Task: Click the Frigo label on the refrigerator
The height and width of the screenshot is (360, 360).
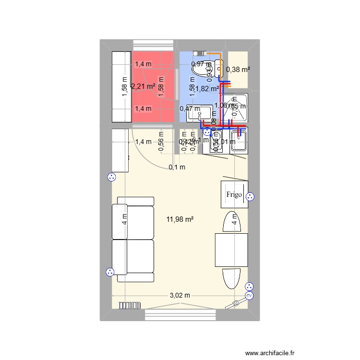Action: (234, 194)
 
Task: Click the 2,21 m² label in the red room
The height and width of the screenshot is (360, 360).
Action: (143, 86)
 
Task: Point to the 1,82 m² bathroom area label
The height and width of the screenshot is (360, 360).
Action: (207, 88)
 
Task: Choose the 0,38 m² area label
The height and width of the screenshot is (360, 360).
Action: (238, 69)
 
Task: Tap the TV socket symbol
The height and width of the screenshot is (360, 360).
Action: (249, 296)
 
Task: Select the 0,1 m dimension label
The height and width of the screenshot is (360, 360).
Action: (177, 167)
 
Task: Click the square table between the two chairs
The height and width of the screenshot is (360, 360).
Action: (231, 249)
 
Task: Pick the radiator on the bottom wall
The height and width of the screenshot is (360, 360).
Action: (129, 304)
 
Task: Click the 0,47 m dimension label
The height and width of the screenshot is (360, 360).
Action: (187, 108)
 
